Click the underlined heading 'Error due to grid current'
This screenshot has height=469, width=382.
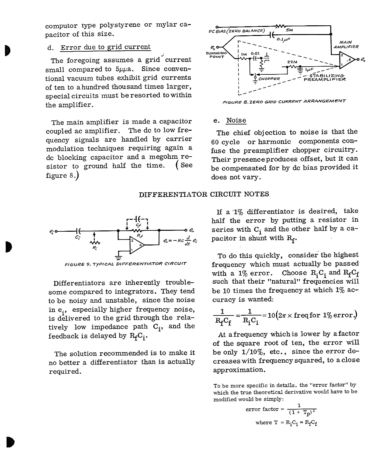click(105, 48)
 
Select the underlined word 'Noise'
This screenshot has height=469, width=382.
click(236, 120)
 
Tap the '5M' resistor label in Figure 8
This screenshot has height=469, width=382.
click(289, 30)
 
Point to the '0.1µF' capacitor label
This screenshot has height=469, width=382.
click(283, 39)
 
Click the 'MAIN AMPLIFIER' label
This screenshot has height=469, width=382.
click(346, 44)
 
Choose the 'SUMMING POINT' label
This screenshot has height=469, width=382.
click(216, 55)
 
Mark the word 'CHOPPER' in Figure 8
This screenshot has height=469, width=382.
click(269, 79)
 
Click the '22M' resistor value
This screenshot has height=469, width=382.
click(292, 62)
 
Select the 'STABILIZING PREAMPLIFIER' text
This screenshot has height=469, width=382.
click(325, 78)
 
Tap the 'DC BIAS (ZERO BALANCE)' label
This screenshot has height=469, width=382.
click(237, 31)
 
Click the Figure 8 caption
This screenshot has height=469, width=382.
click(284, 102)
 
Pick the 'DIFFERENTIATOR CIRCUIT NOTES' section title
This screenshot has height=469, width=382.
click(204, 194)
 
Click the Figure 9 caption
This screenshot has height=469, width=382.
click(125, 264)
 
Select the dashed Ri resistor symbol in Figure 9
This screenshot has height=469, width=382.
click(94, 242)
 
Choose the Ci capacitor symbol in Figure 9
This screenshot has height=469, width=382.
click(78, 231)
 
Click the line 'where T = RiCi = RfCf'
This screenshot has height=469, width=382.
click(286, 423)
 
